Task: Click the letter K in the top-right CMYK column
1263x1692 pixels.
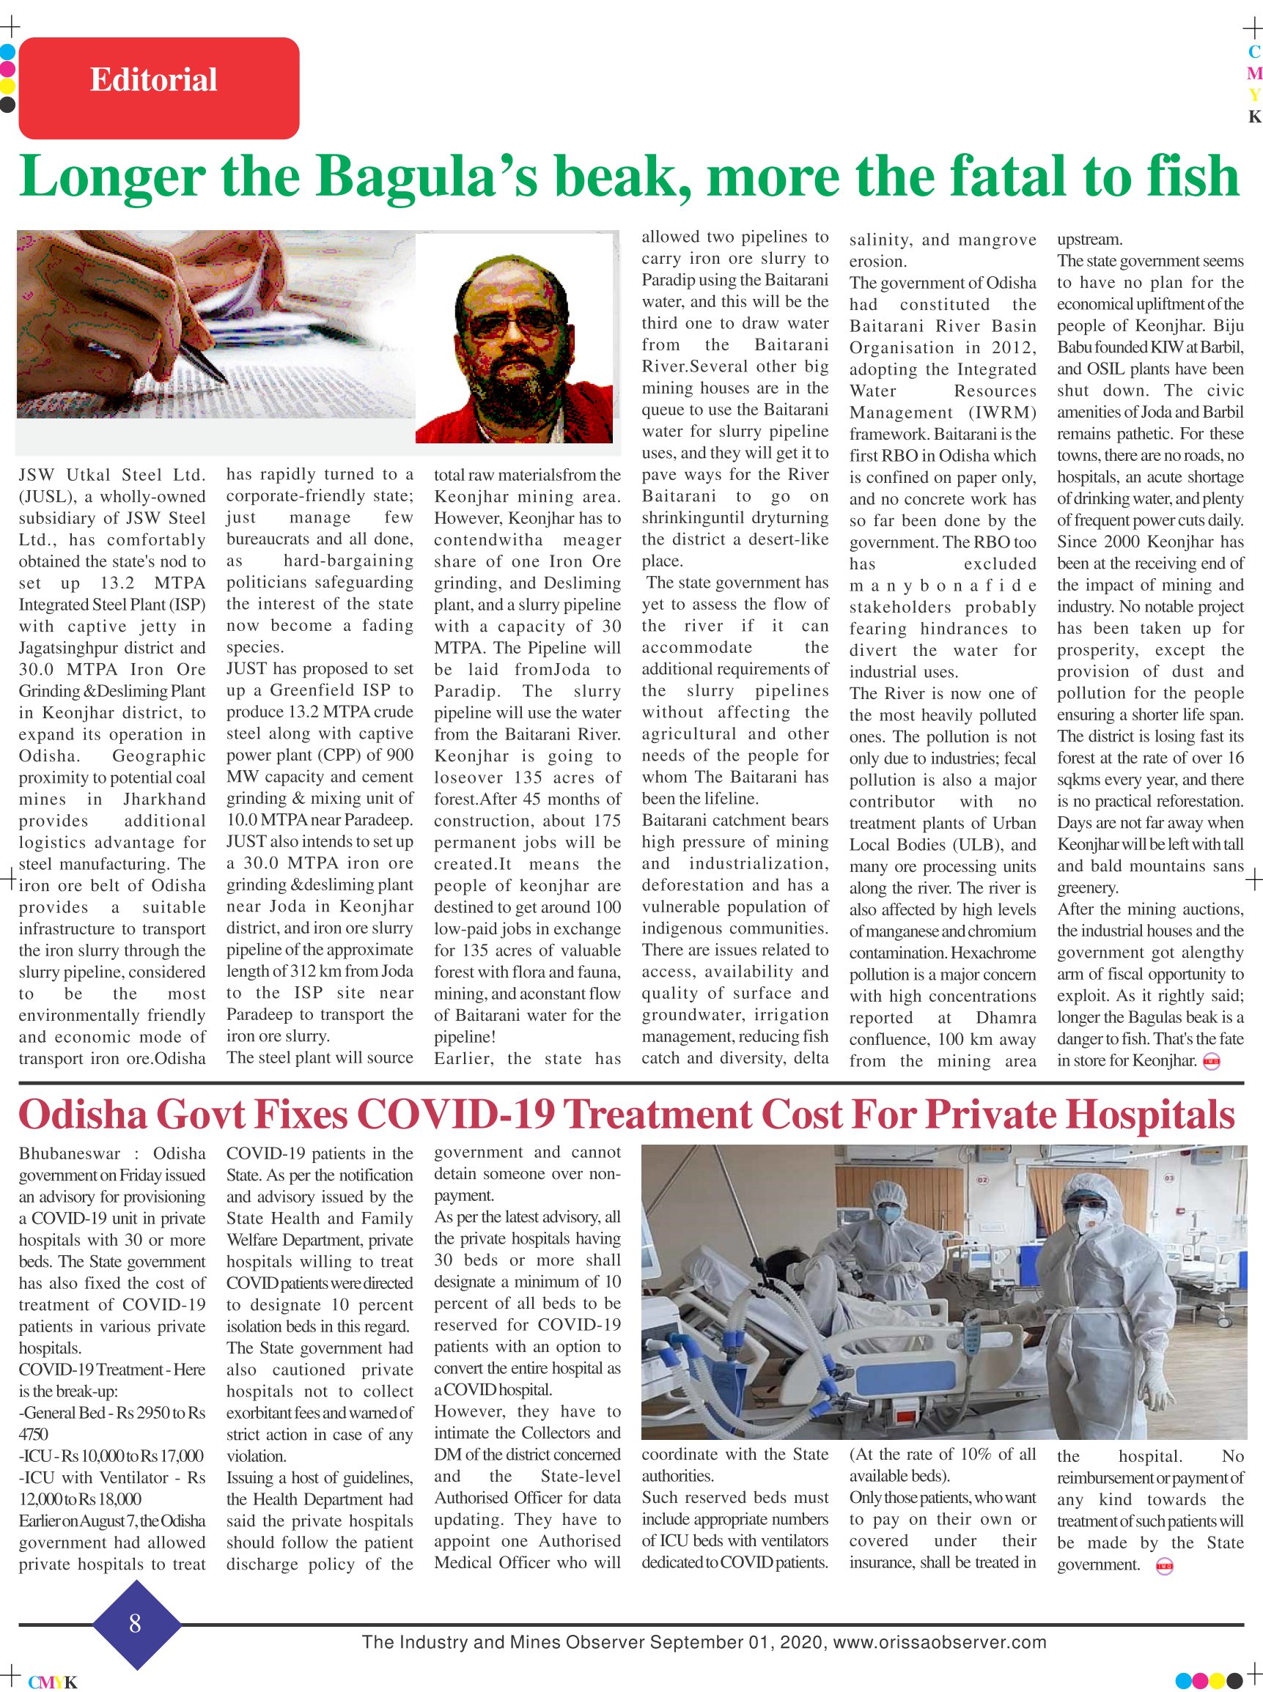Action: [x=1253, y=117]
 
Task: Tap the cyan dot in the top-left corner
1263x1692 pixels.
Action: [x=7, y=53]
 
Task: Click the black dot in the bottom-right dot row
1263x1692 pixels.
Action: [x=1234, y=1680]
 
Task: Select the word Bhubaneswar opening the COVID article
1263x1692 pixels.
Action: [x=69, y=1153]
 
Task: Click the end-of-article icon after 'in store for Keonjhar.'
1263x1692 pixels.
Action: [x=1211, y=1061]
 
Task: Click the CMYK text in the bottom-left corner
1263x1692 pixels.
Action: [x=52, y=1682]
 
